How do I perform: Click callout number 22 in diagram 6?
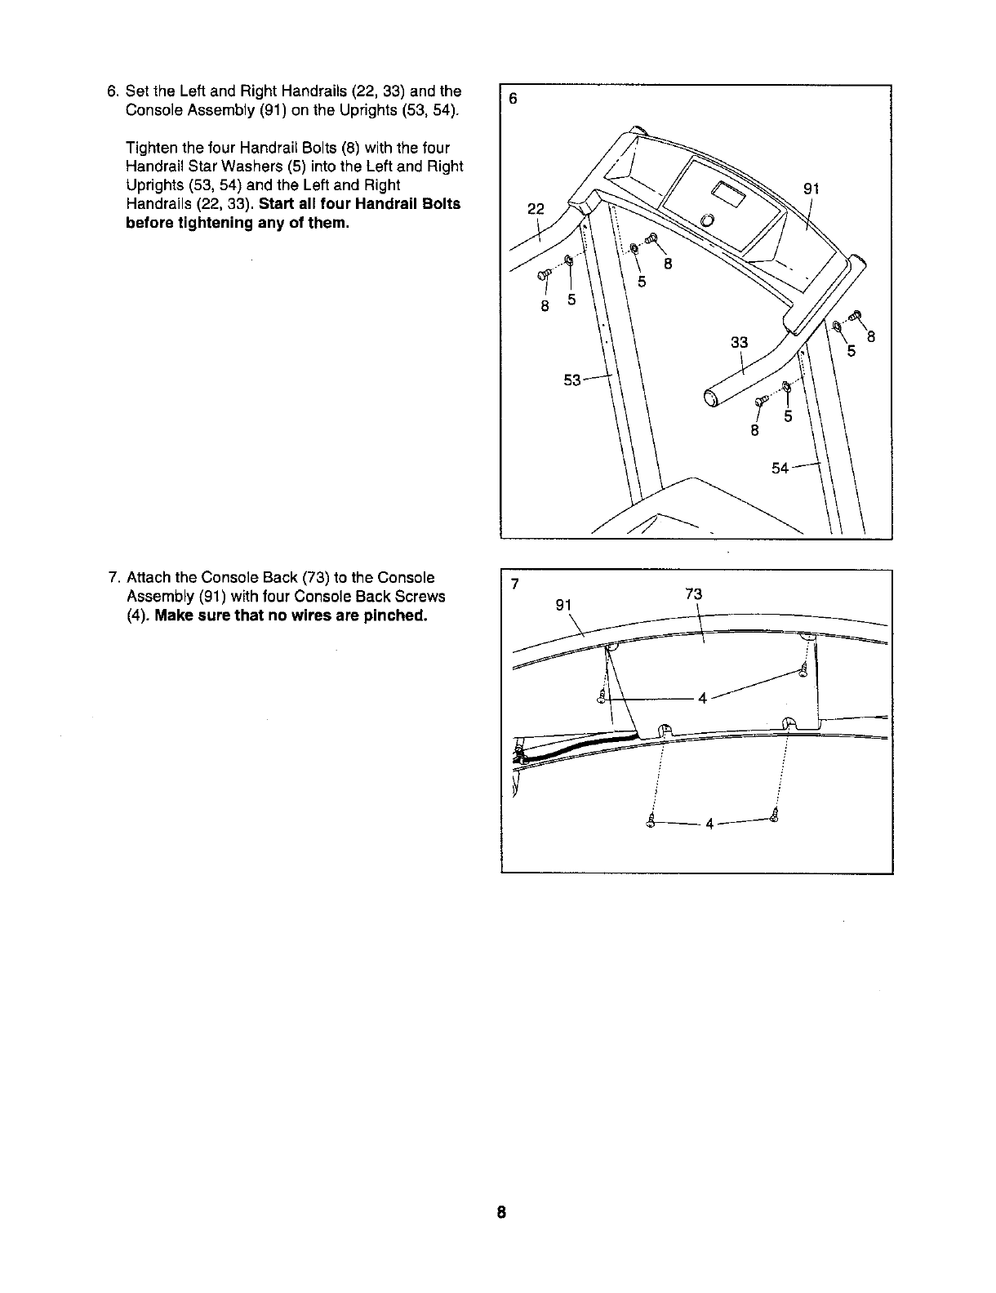point(535,208)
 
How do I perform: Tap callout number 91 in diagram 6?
point(811,189)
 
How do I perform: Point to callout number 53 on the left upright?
point(572,380)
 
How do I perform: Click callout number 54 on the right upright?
point(780,469)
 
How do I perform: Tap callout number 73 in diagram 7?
point(694,594)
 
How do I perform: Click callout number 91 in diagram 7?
point(564,605)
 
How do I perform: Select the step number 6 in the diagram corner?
point(513,100)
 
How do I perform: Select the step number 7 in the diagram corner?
point(514,584)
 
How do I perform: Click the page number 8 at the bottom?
point(501,1211)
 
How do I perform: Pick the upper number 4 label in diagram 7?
point(702,698)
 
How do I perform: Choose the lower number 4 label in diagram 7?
point(709,824)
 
